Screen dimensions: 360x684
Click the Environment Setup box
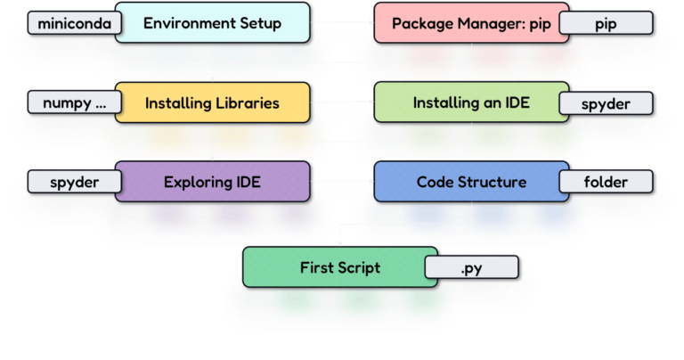click(212, 23)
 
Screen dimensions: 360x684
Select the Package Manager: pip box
click(459, 23)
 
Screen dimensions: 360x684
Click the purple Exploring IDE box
click(212, 182)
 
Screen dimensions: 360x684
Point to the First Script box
click(340, 267)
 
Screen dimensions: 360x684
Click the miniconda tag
click(73, 23)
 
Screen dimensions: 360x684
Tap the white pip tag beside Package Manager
click(605, 23)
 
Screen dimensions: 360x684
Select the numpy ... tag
click(72, 102)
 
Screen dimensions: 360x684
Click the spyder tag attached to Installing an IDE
click(606, 103)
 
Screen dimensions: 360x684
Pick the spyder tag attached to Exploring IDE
click(72, 182)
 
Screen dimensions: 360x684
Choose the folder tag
click(606, 182)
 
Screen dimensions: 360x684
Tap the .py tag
click(472, 267)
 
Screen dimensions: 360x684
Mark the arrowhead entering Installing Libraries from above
click(212, 78)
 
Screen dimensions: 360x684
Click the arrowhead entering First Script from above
click(340, 241)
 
